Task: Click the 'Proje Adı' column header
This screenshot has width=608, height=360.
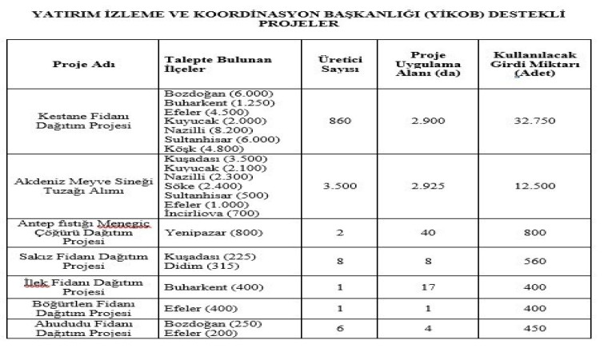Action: [83, 65]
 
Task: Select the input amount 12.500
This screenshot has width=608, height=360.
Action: [536, 186]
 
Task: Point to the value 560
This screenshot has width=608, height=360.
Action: [536, 260]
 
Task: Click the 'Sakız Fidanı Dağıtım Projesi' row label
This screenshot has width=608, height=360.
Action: [83, 260]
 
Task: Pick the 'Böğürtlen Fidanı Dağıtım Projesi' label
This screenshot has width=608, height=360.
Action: [83, 309]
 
